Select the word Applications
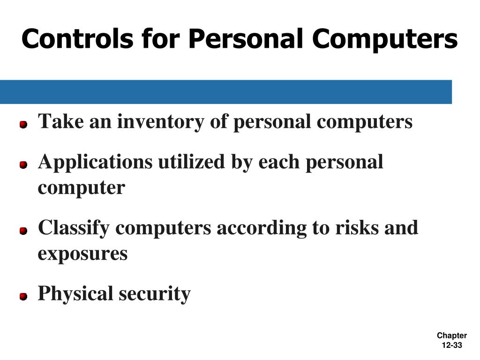tap(95, 163)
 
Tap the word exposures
tap(82, 254)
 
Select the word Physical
tap(75, 294)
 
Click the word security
tap(155, 294)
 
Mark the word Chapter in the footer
tap(452, 336)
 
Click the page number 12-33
tap(452, 345)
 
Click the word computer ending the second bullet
tap(82, 188)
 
